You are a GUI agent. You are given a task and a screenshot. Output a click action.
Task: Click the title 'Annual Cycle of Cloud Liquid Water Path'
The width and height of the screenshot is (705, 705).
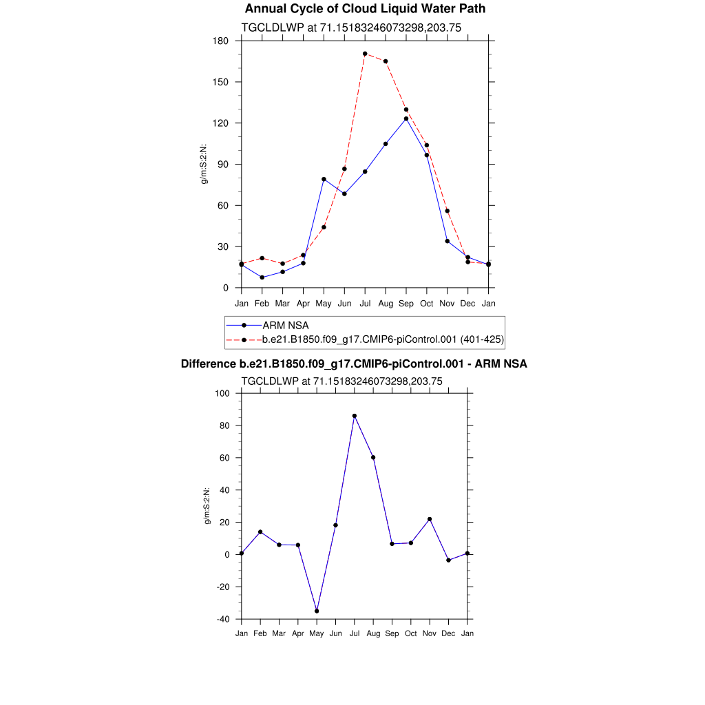coord(365,9)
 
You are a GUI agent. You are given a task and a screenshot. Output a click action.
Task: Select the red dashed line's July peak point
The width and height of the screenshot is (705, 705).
coord(365,54)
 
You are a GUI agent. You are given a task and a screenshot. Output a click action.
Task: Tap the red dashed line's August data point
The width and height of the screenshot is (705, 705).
coord(386,61)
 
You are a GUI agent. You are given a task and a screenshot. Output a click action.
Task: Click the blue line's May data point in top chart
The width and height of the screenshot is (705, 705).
coord(324,179)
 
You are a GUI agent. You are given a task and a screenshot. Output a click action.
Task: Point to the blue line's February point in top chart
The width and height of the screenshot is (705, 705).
coord(262,277)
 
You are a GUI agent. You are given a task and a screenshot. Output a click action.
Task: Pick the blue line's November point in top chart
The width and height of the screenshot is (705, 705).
coord(448,241)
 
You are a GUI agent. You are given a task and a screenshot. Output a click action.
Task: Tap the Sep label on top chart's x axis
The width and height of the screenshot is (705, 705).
coord(406,304)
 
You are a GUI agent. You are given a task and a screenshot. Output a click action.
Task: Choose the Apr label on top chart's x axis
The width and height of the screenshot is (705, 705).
coord(303,304)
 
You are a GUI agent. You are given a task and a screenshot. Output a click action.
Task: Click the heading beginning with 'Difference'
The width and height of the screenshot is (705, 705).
coord(354,364)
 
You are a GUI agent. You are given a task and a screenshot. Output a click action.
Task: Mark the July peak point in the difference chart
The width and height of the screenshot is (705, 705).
coord(355,416)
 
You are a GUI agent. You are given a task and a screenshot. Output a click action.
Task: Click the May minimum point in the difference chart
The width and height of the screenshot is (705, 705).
coord(317,611)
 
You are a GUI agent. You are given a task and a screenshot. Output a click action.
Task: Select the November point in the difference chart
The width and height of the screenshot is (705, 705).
coord(430,519)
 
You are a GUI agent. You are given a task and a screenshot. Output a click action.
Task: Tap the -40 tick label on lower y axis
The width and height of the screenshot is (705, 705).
coord(223,619)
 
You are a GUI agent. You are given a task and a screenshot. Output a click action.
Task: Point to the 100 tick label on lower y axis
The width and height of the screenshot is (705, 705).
coord(222,393)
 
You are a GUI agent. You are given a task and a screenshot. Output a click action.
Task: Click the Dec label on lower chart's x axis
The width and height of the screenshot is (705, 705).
coord(448,633)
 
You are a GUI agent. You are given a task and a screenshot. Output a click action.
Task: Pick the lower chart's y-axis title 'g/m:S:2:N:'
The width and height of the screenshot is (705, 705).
coord(207,506)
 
